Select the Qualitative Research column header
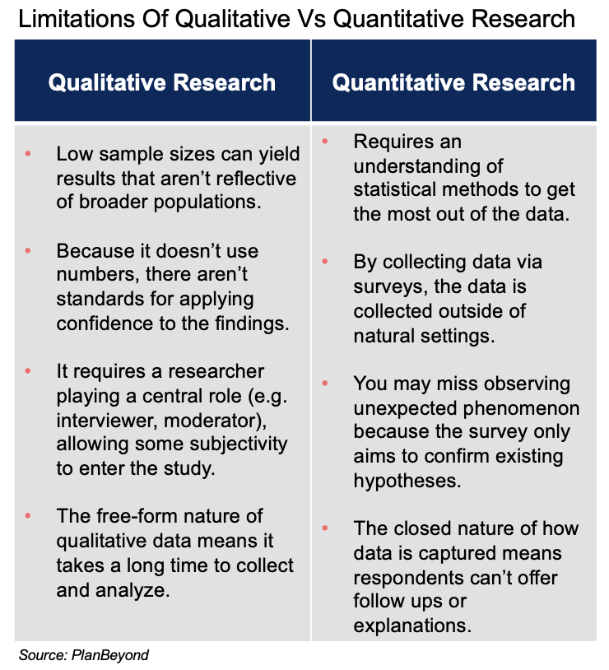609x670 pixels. tap(161, 82)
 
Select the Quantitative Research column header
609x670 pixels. tap(453, 82)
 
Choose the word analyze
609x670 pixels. tap(129, 590)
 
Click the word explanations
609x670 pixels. tap(412, 624)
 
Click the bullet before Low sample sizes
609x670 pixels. tap(27, 154)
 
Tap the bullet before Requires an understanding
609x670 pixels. tap(324, 142)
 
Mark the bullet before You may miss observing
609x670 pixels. tap(324, 384)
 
